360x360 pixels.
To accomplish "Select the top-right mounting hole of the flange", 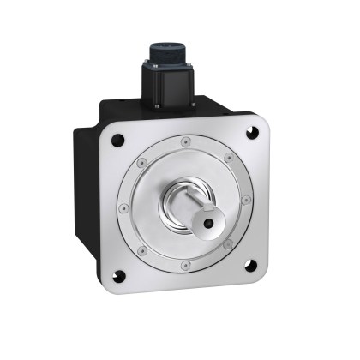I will pos(251,131).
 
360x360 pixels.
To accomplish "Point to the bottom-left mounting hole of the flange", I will pos(119,275).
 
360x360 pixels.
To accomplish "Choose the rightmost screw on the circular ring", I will pos(247,201).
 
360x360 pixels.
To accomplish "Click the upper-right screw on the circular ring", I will pos(228,157).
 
